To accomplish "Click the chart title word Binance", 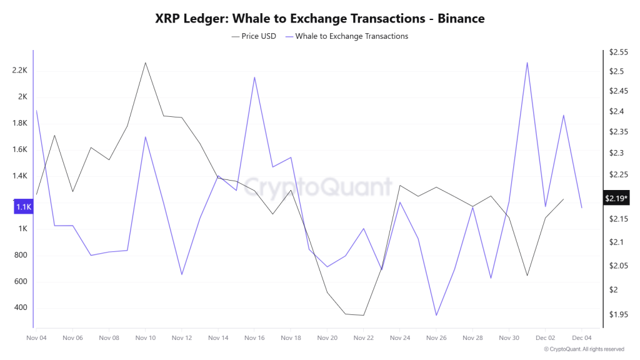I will point(461,19).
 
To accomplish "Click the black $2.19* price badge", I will point(616,198).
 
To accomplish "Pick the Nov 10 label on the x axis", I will point(145,337).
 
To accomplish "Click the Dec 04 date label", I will point(582,337).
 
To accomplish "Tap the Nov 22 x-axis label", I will point(363,337).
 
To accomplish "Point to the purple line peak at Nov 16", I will point(254,77).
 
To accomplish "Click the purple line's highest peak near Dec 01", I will point(527,62).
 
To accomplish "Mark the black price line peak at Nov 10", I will point(146,62).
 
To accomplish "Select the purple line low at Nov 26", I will point(436,315).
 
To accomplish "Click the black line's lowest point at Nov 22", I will point(363,315).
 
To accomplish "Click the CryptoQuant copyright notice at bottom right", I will point(584,349).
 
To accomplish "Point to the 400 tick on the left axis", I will point(20,307).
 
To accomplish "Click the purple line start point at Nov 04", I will point(36,111).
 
